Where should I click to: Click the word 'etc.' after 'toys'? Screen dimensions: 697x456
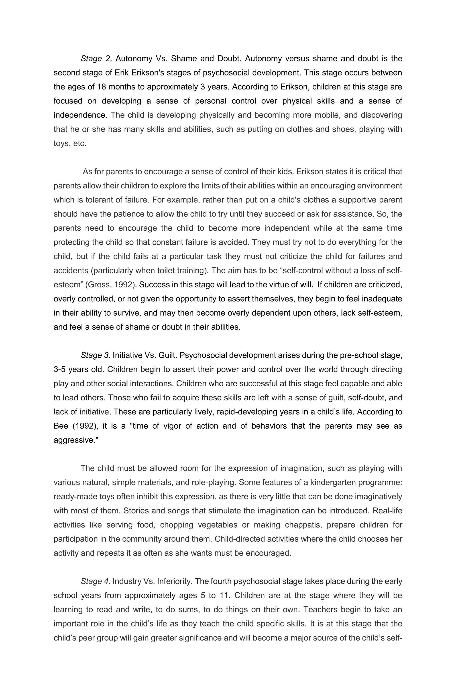click(80, 144)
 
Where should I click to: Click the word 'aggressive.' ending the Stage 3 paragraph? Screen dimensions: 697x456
click(76, 440)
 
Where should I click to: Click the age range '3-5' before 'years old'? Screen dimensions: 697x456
click(60, 369)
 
